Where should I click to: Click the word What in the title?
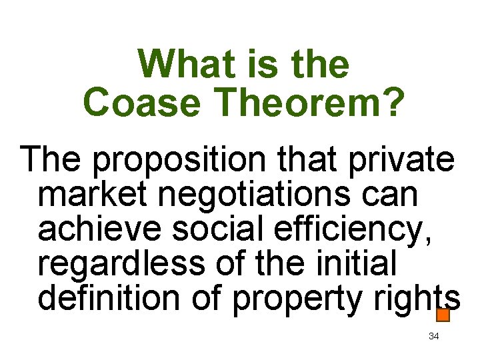click(x=175, y=65)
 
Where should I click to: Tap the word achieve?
click(x=100, y=229)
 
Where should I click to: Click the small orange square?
click(x=443, y=314)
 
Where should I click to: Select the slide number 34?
click(x=433, y=336)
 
